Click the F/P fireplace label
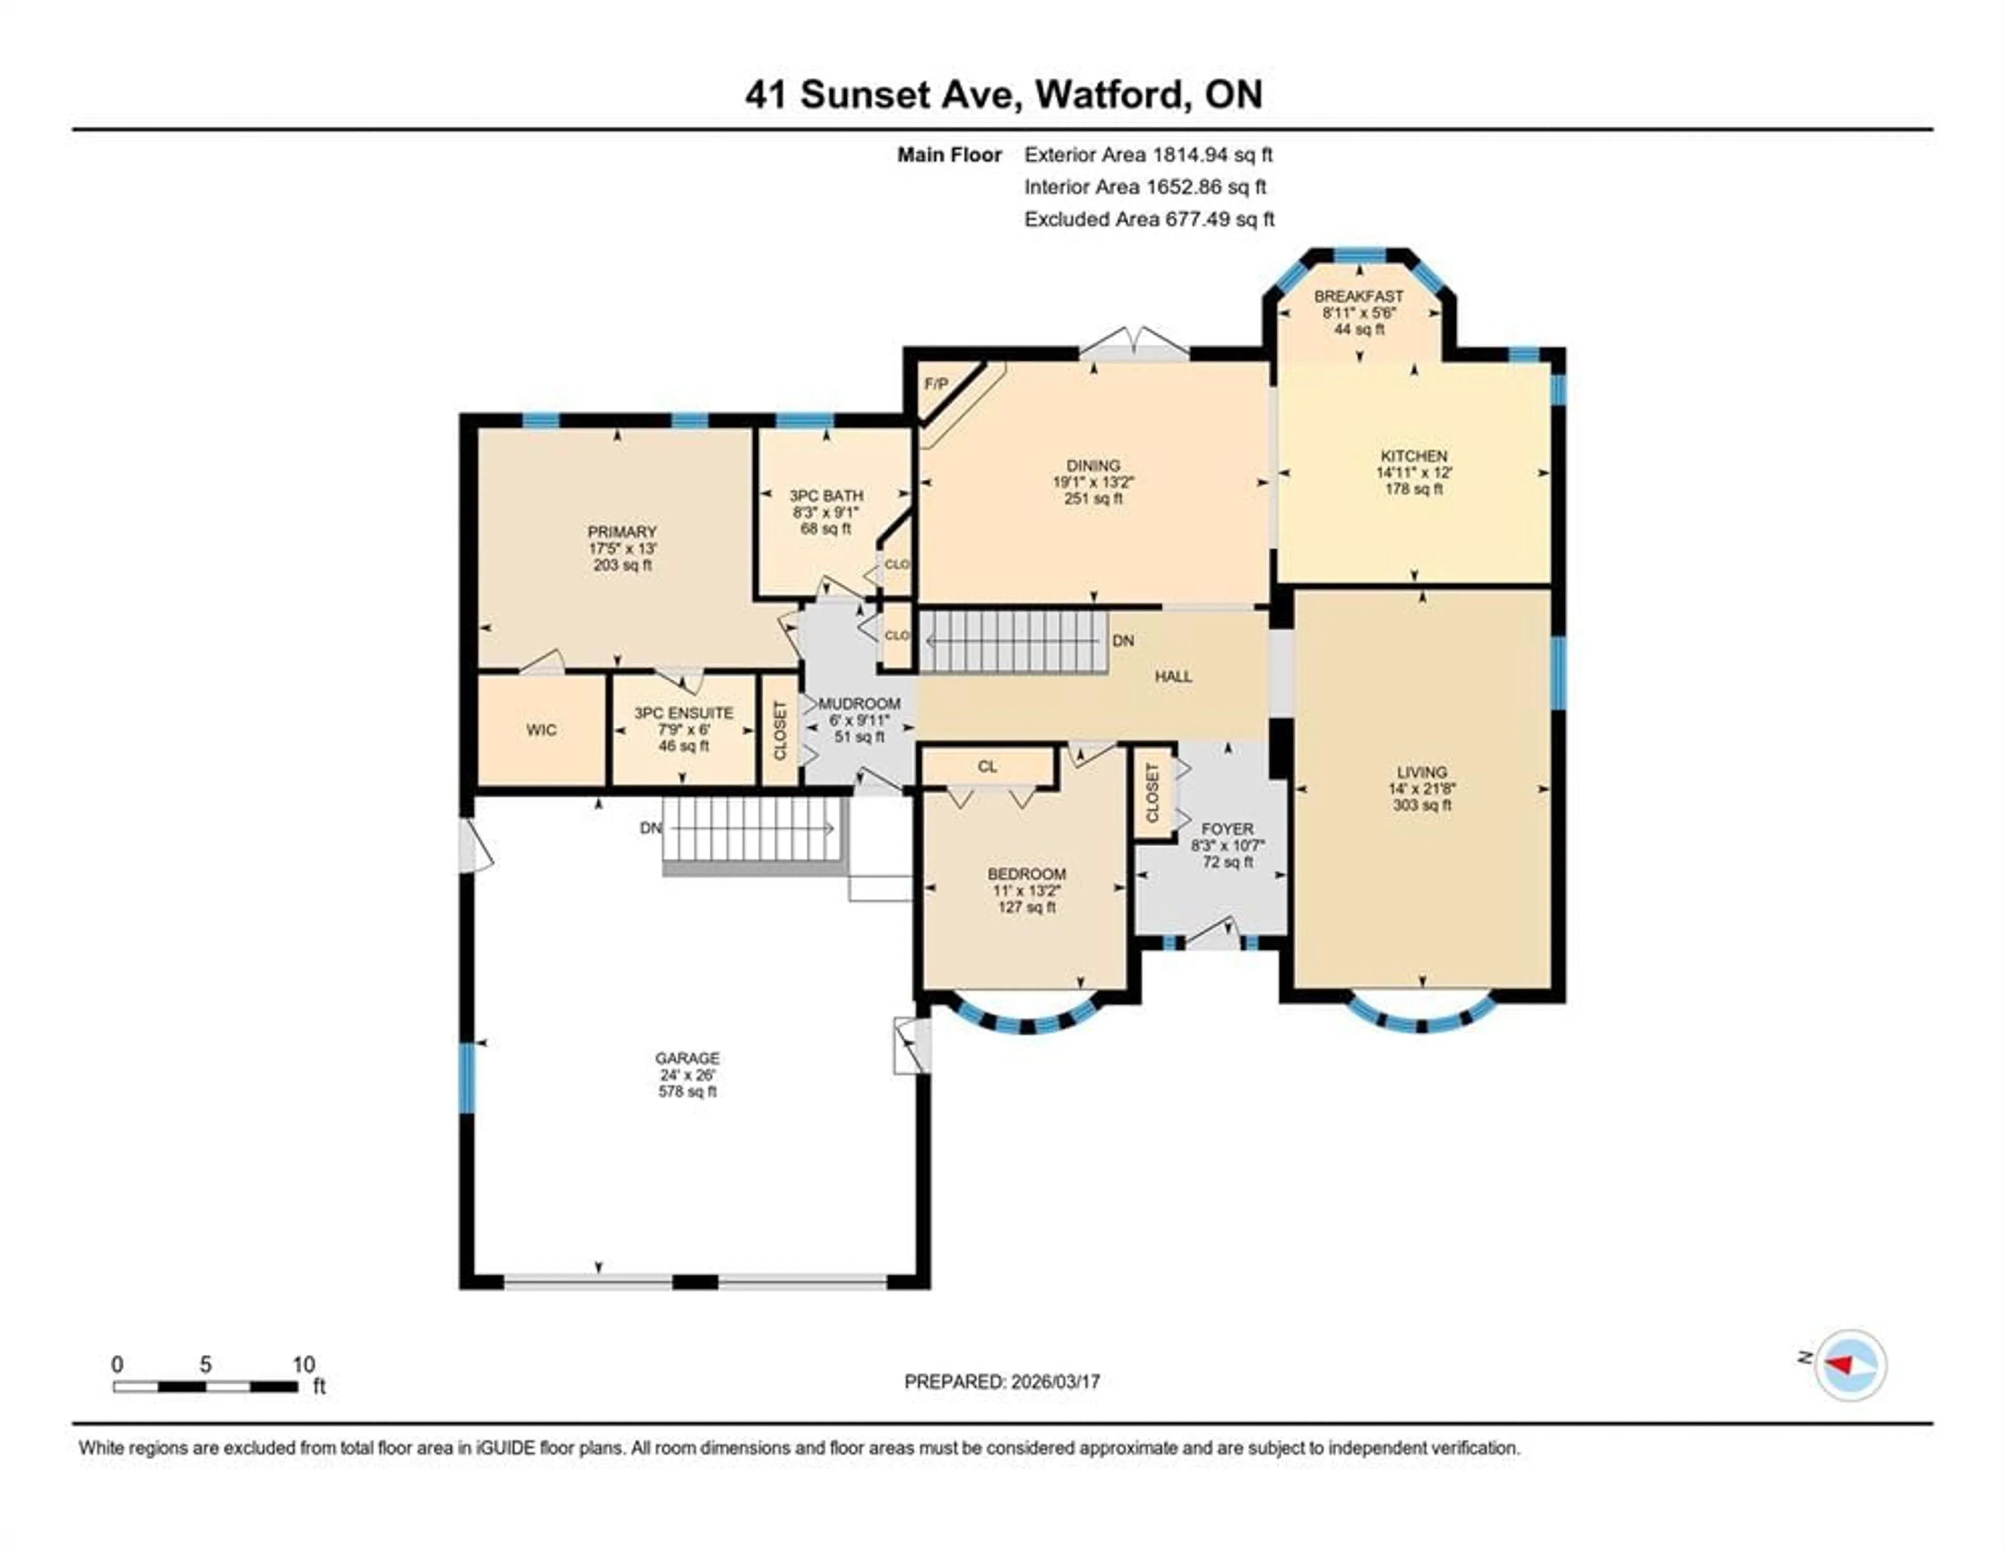pyautogui.click(x=936, y=384)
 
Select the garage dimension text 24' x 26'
pyautogui.click(x=687, y=1075)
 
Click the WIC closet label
pyautogui.click(x=541, y=730)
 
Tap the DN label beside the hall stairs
pyautogui.click(x=1123, y=641)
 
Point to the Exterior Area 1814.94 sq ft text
pyautogui.click(x=1148, y=154)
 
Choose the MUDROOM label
pyautogui.click(x=859, y=703)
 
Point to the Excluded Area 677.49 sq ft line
pyautogui.click(x=1149, y=219)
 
